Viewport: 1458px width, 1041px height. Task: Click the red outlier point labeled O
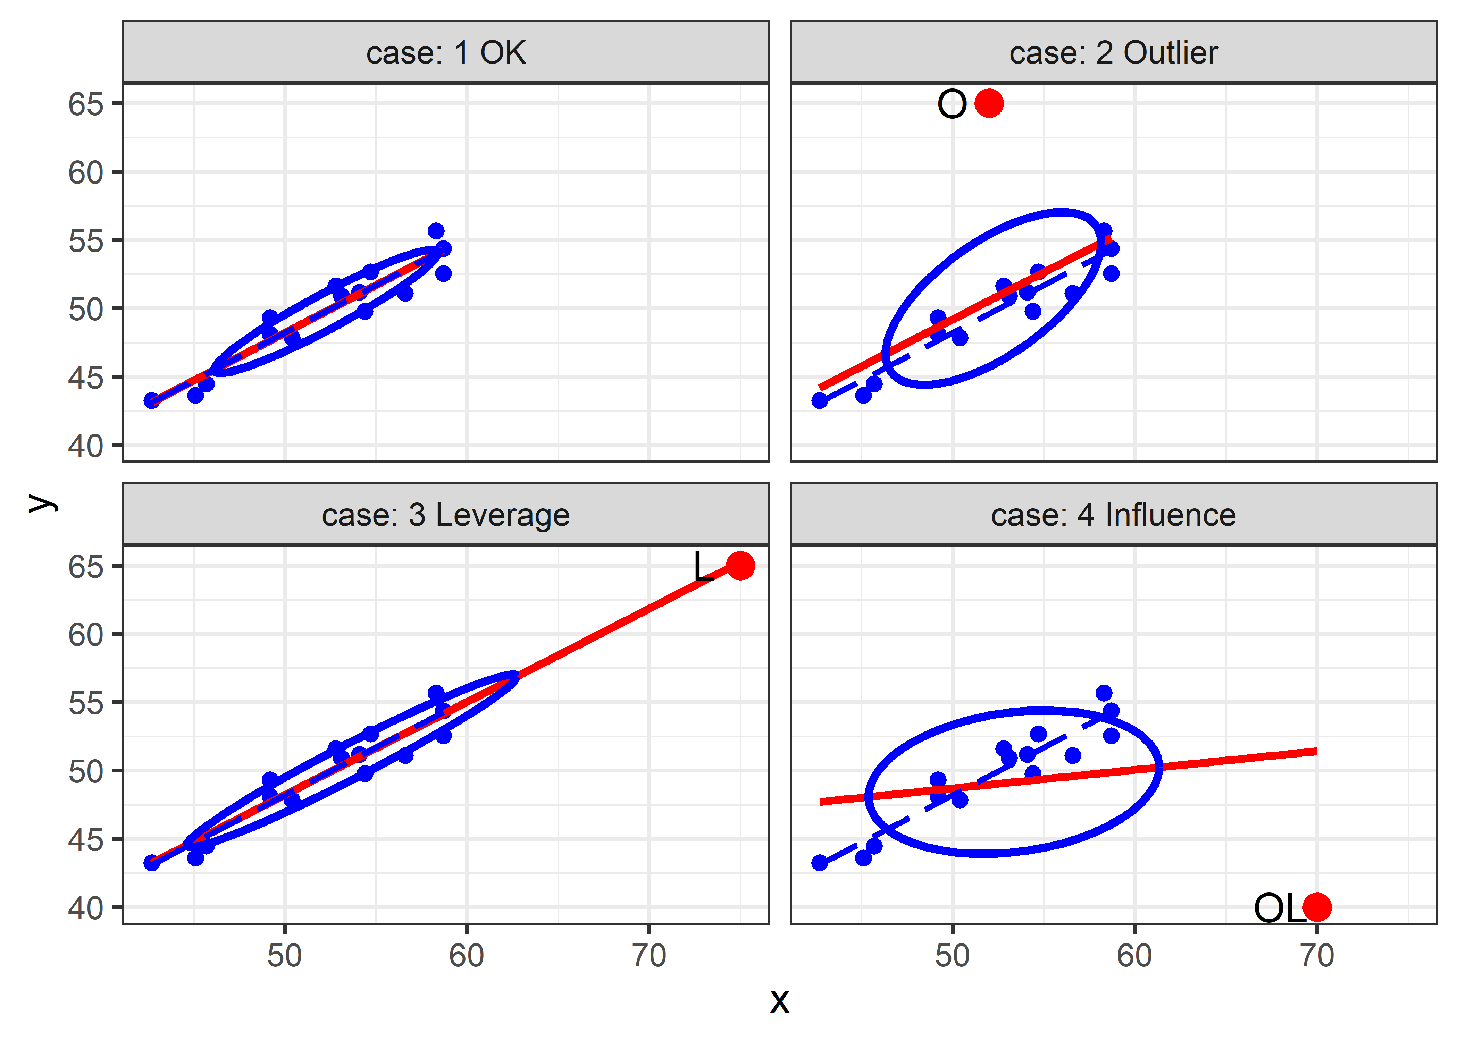[989, 103]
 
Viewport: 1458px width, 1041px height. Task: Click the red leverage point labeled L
[740, 565]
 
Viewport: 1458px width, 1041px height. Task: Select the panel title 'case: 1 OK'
[446, 52]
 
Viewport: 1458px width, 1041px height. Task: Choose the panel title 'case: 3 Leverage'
[446, 515]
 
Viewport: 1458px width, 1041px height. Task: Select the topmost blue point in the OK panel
[436, 231]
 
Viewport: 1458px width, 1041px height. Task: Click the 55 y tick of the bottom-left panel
[86, 703]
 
